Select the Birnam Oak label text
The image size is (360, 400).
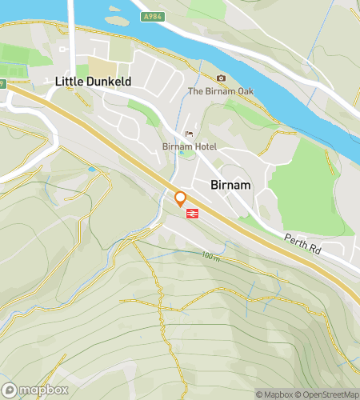pos(220,91)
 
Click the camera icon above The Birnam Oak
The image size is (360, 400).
pos(221,78)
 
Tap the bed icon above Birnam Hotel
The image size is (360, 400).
pos(189,134)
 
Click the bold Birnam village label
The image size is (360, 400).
pos(231,184)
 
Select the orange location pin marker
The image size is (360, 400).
pos(181,198)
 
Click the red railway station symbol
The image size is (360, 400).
pos(193,213)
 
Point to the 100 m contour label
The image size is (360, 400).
pos(210,256)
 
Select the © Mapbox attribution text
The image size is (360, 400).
pos(274,394)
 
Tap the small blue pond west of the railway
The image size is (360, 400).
pos(92,169)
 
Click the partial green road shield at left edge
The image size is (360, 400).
pos(2,82)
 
